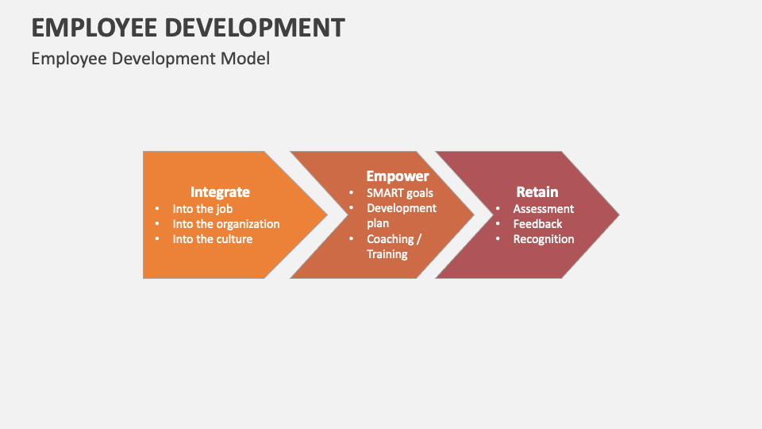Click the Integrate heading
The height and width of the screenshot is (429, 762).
pos(220,192)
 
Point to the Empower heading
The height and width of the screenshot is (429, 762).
pos(397,176)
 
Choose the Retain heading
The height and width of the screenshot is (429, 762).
pos(537,192)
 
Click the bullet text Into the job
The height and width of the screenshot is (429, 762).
pos(202,209)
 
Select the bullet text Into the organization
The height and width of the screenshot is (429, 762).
pos(226,224)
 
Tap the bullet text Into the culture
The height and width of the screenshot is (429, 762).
pos(213,239)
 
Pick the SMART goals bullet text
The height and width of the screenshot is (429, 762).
pos(400,193)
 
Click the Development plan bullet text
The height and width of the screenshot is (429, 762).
pos(402,215)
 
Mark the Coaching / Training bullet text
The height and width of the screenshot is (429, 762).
pos(394,246)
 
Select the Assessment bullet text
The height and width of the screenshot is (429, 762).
pos(544,209)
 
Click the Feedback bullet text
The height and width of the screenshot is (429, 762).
pos(537,224)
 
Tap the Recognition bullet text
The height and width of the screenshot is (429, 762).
pos(544,239)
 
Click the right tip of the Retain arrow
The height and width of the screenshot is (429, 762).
pos(618,214)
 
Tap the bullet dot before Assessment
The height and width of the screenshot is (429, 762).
pos(498,209)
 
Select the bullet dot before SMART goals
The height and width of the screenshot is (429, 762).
pos(351,193)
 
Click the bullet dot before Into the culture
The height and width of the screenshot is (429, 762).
pos(156,239)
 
